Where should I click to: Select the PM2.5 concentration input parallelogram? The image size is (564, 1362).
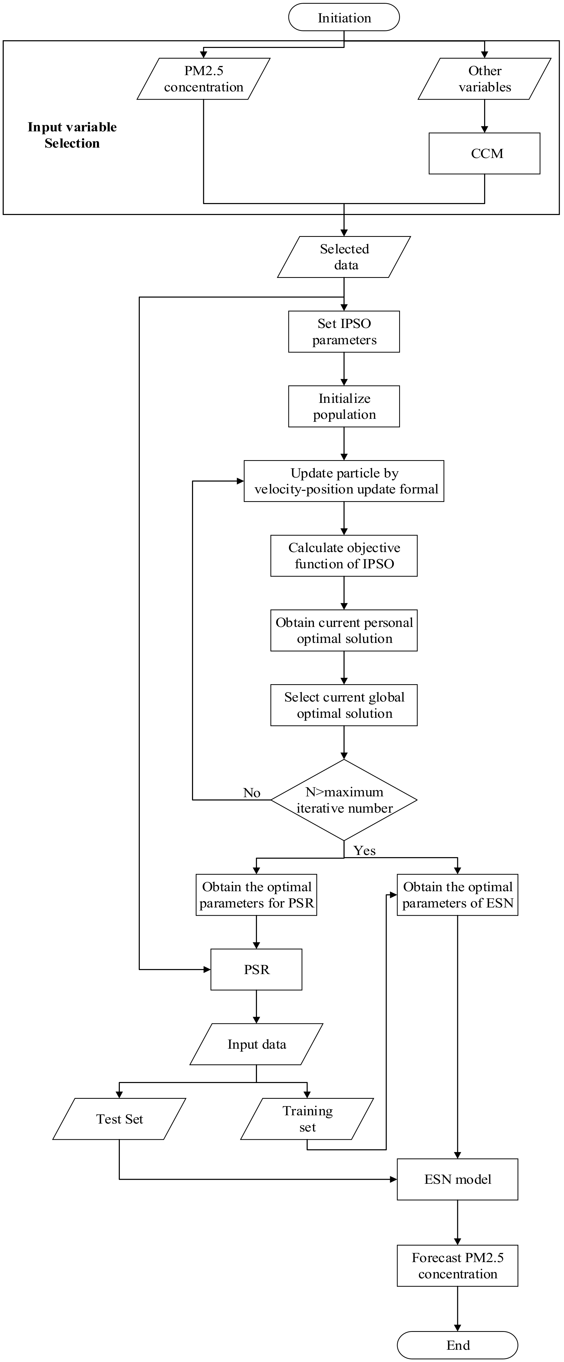(203, 79)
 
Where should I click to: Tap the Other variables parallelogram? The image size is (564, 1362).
(485, 79)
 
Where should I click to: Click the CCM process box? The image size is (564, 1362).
(485, 153)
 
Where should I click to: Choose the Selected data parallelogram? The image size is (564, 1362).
(344, 257)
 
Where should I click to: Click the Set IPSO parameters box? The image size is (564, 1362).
(344, 331)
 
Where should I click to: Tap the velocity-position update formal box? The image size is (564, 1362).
(344, 481)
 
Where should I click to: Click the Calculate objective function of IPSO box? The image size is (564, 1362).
(344, 556)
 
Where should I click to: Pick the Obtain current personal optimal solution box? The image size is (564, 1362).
(344, 630)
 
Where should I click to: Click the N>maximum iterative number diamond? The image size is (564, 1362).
(344, 800)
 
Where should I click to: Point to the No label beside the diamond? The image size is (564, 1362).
(252, 793)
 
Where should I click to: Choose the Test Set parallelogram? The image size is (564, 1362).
(120, 1119)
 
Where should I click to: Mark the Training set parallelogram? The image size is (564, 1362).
(307, 1119)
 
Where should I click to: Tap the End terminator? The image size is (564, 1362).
(458, 1345)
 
